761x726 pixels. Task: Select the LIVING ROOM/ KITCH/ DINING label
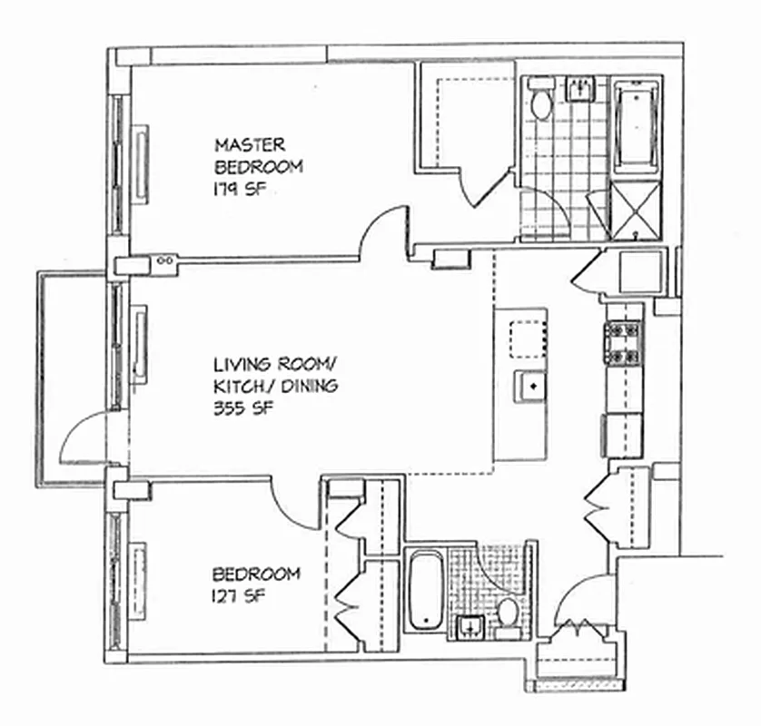(274, 375)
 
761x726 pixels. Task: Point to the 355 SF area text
(243, 407)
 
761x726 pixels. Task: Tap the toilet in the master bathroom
(541, 103)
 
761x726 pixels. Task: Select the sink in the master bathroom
(579, 88)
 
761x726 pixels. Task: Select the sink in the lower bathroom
(470, 624)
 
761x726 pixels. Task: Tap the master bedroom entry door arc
(381, 231)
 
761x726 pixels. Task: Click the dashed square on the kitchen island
(525, 338)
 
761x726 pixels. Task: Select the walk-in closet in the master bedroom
(463, 113)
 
